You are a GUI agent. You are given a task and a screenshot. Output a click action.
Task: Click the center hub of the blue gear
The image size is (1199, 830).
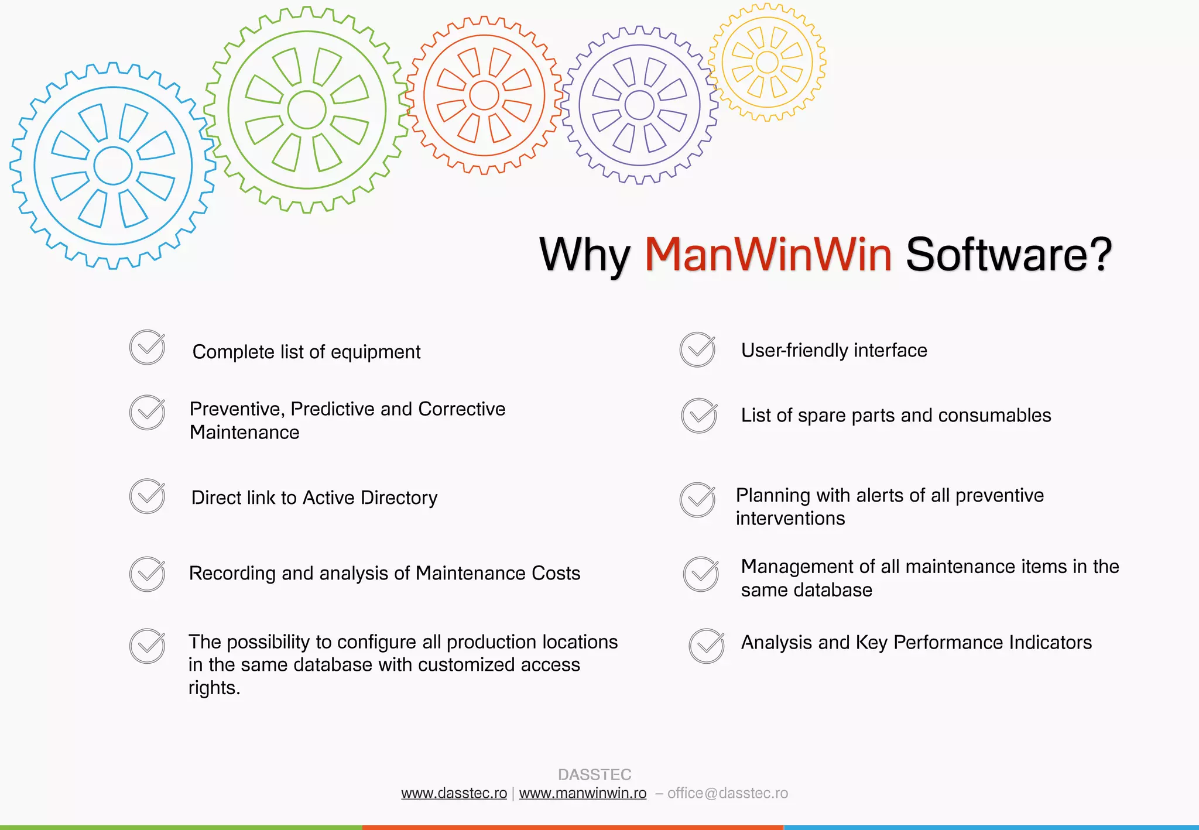pyautogui.click(x=113, y=166)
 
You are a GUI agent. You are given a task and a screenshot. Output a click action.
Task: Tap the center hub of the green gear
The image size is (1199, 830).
pyautogui.click(x=307, y=109)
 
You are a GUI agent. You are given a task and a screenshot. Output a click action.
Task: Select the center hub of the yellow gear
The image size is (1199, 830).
pyautogui.click(x=767, y=62)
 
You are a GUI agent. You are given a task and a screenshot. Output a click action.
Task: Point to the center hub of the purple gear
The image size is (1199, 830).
pyautogui.click(x=639, y=105)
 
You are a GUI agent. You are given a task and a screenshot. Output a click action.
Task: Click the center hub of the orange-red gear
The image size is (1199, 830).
pyautogui.click(x=484, y=95)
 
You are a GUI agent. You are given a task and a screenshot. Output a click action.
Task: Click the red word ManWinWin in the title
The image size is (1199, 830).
pyautogui.click(x=768, y=255)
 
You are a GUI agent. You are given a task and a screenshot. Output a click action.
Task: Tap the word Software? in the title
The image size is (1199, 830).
pyautogui.click(x=1009, y=255)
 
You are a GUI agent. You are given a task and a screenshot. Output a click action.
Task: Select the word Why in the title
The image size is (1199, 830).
pyautogui.click(x=584, y=256)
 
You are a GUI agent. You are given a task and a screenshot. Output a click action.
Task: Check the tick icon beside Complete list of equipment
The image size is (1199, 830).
pyautogui.click(x=147, y=348)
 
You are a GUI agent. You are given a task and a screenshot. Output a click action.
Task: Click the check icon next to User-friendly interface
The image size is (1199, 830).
pyautogui.click(x=697, y=349)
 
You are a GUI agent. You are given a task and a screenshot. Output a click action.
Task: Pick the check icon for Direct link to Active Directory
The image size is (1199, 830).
pyautogui.click(x=147, y=496)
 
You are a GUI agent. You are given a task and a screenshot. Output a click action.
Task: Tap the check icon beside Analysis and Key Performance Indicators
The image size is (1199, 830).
pyautogui.click(x=707, y=646)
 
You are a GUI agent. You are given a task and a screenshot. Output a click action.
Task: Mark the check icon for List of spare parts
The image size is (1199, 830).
pyautogui.click(x=699, y=416)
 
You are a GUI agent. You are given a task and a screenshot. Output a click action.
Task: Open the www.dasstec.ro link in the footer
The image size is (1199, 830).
pyautogui.click(x=454, y=793)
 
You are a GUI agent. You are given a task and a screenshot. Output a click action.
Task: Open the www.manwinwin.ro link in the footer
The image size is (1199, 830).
pyautogui.click(x=583, y=793)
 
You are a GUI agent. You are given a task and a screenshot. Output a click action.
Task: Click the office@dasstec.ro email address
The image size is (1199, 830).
pyautogui.click(x=728, y=793)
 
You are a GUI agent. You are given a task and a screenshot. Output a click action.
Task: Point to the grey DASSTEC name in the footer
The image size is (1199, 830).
pyautogui.click(x=594, y=774)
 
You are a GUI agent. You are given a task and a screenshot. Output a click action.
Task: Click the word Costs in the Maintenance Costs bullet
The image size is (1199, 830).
pyautogui.click(x=556, y=573)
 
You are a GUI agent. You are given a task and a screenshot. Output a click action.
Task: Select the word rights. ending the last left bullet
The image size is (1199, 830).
pyautogui.click(x=214, y=688)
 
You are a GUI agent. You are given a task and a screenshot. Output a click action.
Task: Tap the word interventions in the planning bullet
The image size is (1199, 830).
pyautogui.click(x=790, y=519)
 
